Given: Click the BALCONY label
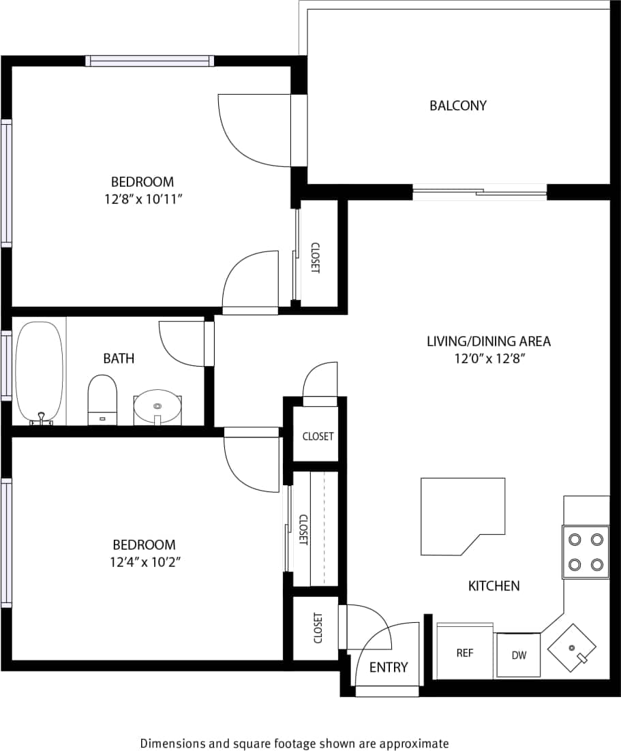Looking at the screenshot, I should pos(458,106).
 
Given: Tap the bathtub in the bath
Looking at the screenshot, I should pos(40,371).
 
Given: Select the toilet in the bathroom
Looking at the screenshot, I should pos(102,399).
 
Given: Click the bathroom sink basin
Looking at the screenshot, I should pos(157,407).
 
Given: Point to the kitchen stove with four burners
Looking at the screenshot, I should pos(586,552).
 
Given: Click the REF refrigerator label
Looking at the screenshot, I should pos(465,653).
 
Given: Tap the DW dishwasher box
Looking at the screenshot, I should pos(519,656).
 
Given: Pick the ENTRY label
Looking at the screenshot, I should pos(389,667).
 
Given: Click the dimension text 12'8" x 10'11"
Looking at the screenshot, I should pos(143,199).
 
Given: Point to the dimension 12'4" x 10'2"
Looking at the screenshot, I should pos(144,562).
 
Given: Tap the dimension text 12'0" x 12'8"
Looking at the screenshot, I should pos(488,358).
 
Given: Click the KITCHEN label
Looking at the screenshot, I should pos(494,585).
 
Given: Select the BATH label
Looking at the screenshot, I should pos(119,358).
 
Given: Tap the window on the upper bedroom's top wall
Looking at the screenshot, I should pos(149,61).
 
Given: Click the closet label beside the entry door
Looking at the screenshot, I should pos(318,628).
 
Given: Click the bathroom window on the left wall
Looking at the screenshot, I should pos(5,365).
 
